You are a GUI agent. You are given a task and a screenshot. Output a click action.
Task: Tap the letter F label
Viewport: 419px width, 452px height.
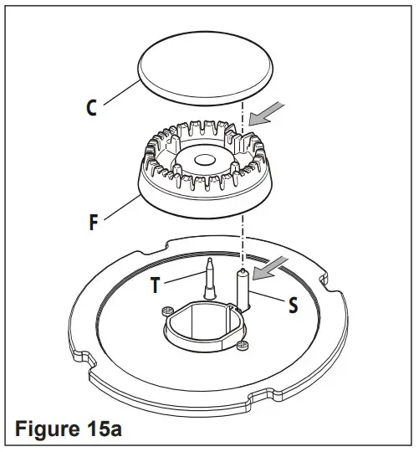[x=93, y=223]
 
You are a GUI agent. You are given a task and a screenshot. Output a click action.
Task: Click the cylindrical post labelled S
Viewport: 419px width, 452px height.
[x=243, y=290]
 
